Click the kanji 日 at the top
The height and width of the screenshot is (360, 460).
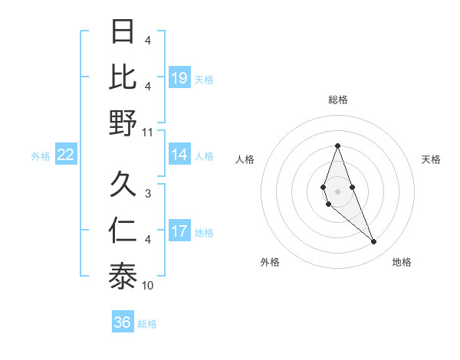click(123, 32)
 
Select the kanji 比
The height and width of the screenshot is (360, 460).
click(123, 77)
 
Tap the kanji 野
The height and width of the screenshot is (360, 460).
click(123, 122)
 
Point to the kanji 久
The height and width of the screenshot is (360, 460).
click(123, 185)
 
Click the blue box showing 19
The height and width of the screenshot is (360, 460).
click(179, 77)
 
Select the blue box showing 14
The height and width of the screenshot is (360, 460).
click(179, 155)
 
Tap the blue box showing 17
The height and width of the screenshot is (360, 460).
click(179, 231)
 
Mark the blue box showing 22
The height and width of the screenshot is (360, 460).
click(66, 155)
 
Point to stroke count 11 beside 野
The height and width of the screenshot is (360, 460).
click(148, 132)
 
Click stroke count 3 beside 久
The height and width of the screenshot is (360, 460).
click(148, 194)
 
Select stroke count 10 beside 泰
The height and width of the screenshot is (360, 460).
click(148, 286)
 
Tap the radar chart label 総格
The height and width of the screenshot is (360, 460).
click(337, 100)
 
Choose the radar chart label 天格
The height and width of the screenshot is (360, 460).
click(432, 159)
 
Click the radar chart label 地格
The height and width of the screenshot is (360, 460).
click(402, 262)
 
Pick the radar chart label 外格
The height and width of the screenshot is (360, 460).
click(270, 262)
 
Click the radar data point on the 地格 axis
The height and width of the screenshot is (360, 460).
click(373, 241)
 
